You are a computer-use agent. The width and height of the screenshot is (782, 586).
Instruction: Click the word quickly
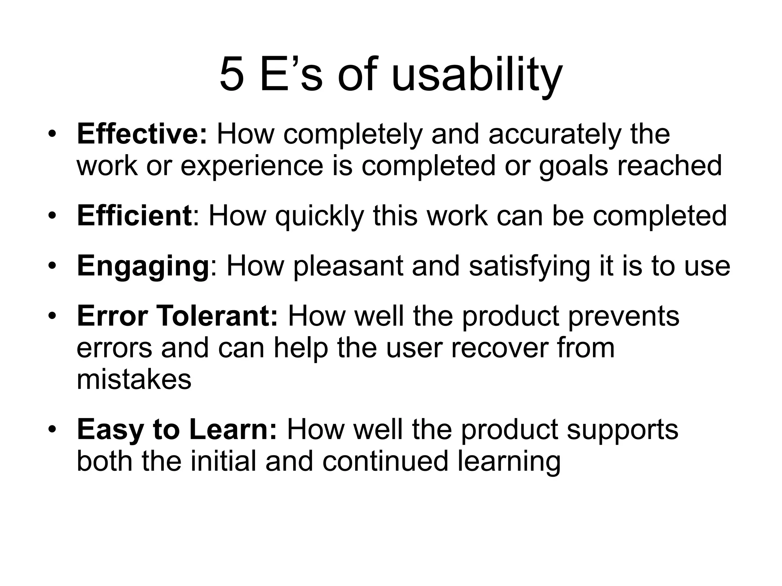pos(320,216)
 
